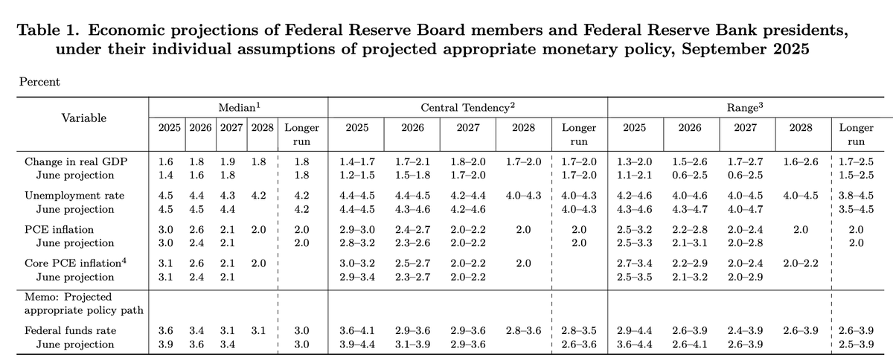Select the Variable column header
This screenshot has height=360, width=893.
pos(84,118)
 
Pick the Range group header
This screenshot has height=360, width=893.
pos(745,109)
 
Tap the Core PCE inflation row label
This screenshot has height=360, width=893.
pos(72,264)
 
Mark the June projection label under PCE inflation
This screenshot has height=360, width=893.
pos(77,242)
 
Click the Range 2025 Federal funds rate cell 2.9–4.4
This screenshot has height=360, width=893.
pos(634,330)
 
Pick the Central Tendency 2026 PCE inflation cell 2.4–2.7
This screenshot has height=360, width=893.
pos(413,230)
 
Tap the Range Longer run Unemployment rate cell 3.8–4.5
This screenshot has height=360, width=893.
pos(857,196)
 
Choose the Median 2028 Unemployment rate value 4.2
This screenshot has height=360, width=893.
pos(261,196)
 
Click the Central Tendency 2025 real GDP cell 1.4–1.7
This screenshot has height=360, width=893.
pos(356,161)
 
